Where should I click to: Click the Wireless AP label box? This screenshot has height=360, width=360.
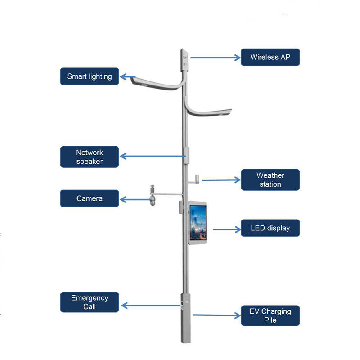click(270, 57)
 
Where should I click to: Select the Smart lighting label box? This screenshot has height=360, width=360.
click(89, 76)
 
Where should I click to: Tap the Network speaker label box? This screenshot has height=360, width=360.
click(89, 157)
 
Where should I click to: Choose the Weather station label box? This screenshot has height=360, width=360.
click(270, 180)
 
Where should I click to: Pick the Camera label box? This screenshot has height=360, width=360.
click(89, 198)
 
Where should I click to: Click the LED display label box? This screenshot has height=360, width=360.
click(270, 228)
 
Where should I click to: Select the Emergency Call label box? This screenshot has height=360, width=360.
click(89, 302)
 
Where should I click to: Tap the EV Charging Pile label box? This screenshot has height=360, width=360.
click(270, 316)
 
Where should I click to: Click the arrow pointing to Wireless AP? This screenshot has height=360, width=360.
click(216, 58)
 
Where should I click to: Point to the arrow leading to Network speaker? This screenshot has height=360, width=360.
click(153, 156)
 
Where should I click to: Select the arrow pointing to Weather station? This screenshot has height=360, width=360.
click(221, 180)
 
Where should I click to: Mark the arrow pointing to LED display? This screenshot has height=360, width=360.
click(227, 229)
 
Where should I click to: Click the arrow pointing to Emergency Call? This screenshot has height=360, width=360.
click(150, 306)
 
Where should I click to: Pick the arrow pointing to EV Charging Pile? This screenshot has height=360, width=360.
click(217, 315)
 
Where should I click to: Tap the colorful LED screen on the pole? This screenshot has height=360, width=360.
click(198, 223)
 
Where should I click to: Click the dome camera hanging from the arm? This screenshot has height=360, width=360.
click(153, 200)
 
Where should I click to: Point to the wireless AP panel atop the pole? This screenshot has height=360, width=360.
click(184, 60)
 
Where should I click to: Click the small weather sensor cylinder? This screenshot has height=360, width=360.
click(197, 179)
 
